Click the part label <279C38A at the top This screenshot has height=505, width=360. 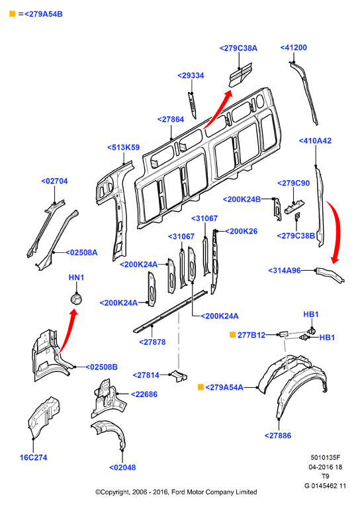click(238, 48)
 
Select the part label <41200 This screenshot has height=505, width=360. click(293, 48)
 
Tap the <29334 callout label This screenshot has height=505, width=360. click(191, 75)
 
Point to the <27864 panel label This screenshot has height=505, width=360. click(171, 120)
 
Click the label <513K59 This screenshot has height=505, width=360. click(123, 148)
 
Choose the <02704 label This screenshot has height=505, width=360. click(54, 181)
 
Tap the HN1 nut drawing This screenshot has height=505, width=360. click(76, 299)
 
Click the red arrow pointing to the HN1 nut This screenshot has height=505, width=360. click(67, 331)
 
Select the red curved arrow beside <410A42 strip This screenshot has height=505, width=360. click(336, 231)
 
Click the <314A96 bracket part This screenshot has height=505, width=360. click(330, 275)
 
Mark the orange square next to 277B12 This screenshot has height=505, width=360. click(232, 335)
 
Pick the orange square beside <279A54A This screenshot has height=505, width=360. click(201, 387)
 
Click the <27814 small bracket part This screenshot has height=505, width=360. click(179, 375)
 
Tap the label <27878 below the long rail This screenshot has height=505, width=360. click(152, 342)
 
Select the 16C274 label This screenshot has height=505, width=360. click(33, 457)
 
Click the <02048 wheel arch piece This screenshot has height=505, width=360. click(109, 434)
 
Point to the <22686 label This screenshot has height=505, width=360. click(144, 394)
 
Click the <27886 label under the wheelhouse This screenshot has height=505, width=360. click(277, 436)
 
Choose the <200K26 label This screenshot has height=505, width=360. click(241, 231)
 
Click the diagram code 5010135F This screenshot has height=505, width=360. click(325, 457)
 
